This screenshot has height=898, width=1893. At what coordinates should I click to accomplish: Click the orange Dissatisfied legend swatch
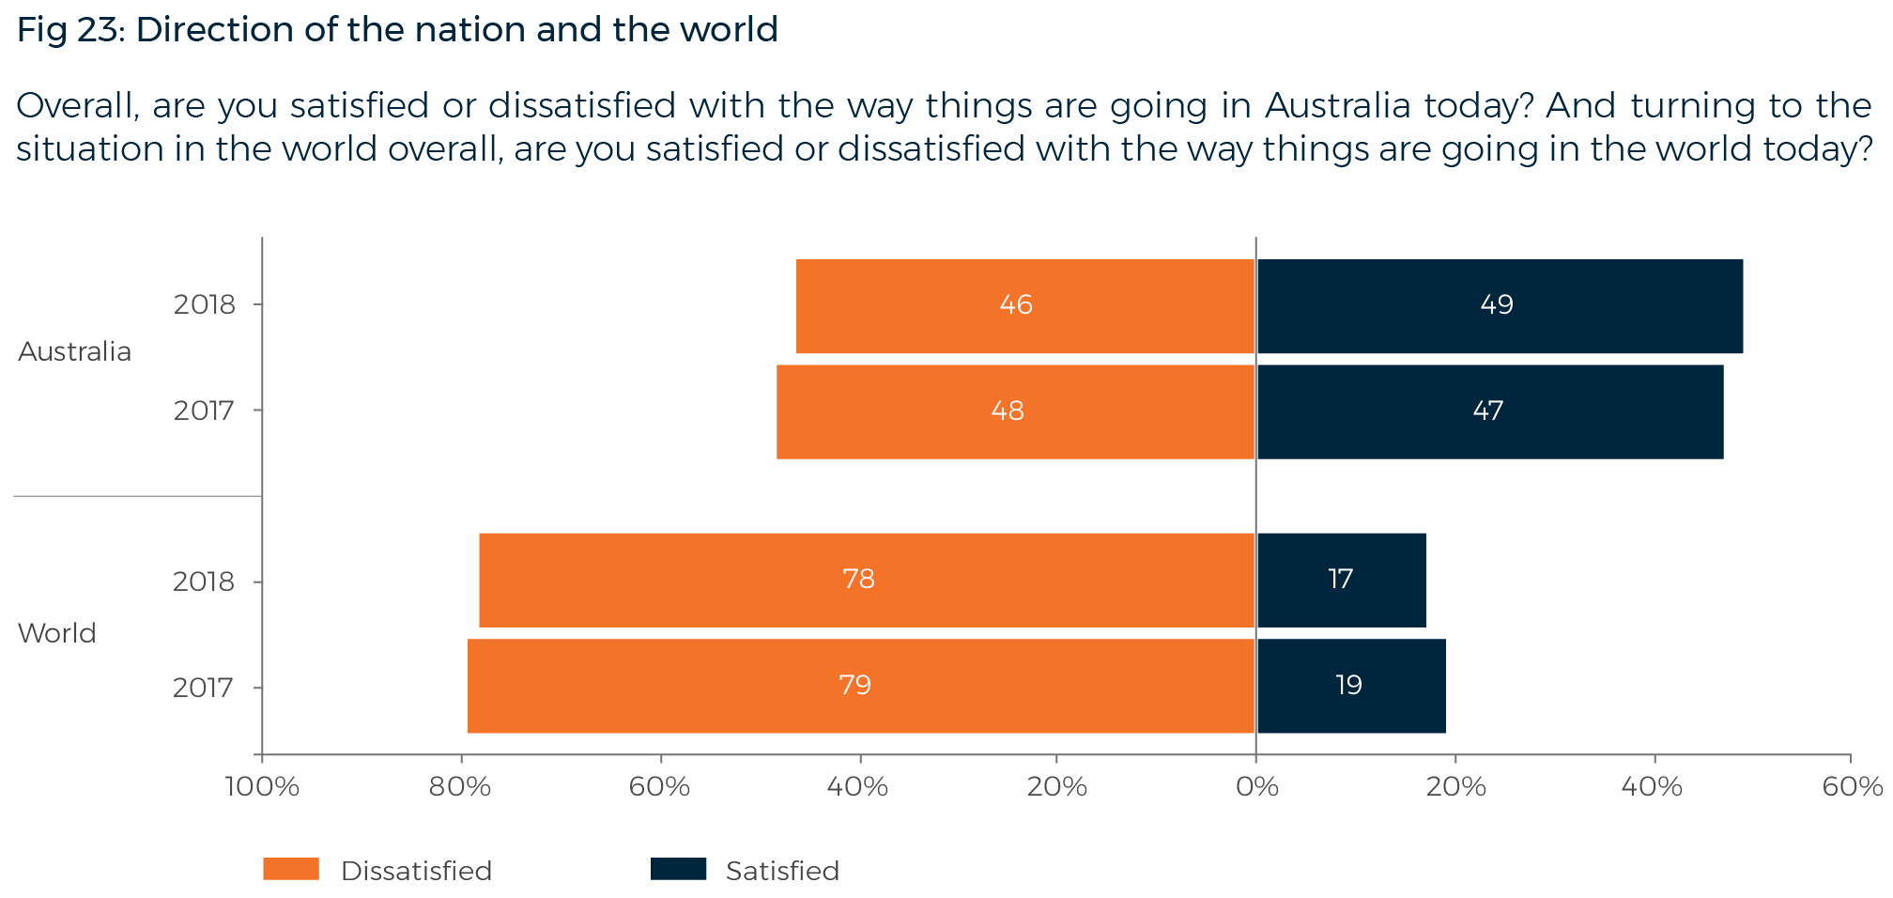pyautogui.click(x=291, y=869)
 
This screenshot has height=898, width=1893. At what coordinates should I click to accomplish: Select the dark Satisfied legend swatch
pyautogui.click(x=678, y=869)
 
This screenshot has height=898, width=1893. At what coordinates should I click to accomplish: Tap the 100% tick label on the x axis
pyautogui.click(x=262, y=786)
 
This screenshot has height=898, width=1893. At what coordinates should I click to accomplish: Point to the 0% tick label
pyautogui.click(x=1256, y=786)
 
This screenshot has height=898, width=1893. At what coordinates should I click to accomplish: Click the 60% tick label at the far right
pyautogui.click(x=1851, y=786)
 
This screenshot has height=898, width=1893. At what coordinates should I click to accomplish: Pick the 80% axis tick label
pyautogui.click(x=460, y=786)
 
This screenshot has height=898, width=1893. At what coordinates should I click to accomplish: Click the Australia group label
pyautogui.click(x=75, y=351)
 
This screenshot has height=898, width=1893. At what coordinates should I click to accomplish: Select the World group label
pyautogui.click(x=57, y=633)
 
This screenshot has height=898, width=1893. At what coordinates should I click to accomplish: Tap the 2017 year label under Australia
pyautogui.click(x=204, y=411)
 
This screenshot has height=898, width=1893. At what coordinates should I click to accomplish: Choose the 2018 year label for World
pyautogui.click(x=204, y=581)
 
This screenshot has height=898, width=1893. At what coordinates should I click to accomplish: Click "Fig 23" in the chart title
pyautogui.click(x=66, y=30)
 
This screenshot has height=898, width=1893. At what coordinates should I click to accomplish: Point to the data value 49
pyautogui.click(x=1497, y=304)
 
